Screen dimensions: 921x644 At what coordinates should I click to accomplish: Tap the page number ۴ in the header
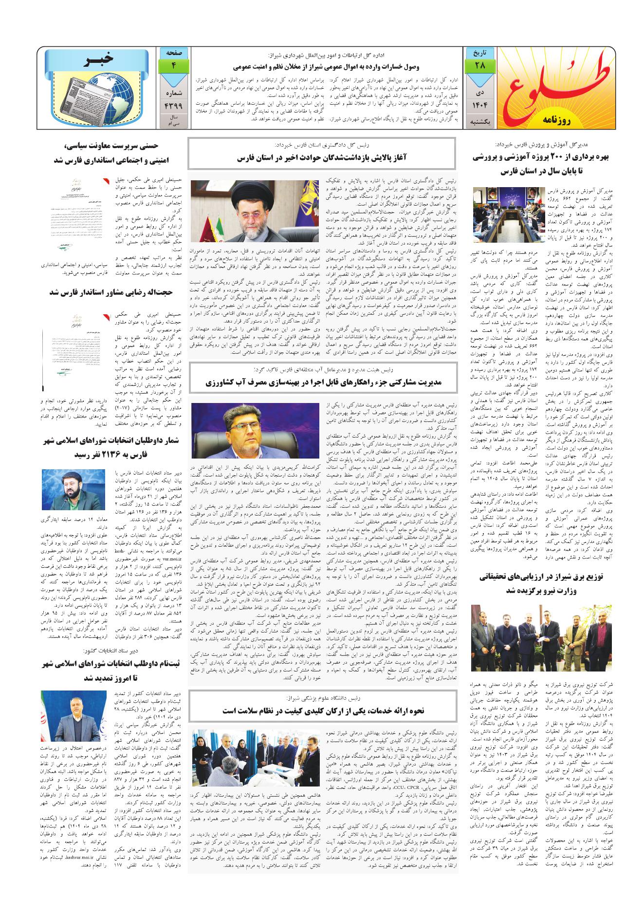pyautogui.click(x=173, y=65)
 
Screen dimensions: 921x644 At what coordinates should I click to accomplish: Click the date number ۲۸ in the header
pyautogui.click(x=480, y=65)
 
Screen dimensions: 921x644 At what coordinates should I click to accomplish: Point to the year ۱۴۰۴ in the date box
pyautogui.click(x=480, y=104)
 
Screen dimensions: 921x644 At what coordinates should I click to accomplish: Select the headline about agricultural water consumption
pyautogui.click(x=322, y=383)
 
